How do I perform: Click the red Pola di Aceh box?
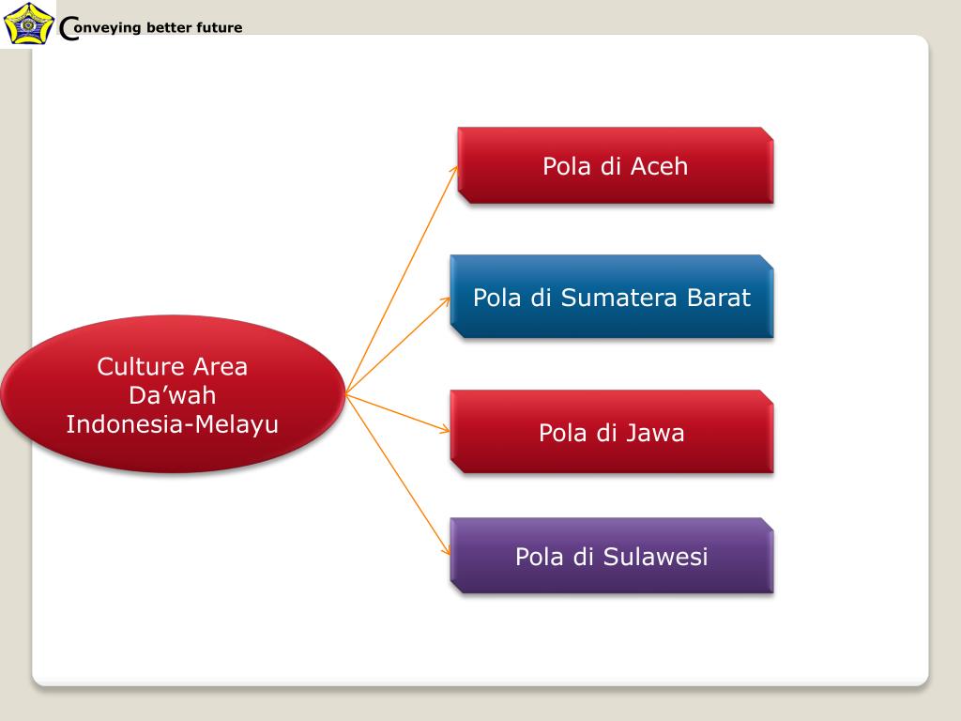pyautogui.click(x=615, y=165)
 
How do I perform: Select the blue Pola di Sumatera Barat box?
pyautogui.click(x=612, y=297)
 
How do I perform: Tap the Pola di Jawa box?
pyautogui.click(x=612, y=432)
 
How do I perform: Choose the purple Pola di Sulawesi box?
pyautogui.click(x=612, y=556)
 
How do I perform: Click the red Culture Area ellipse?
pyautogui.click(x=173, y=394)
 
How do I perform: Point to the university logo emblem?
pyautogui.click(x=27, y=23)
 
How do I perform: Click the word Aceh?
pyautogui.click(x=659, y=166)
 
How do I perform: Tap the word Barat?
pyautogui.click(x=719, y=298)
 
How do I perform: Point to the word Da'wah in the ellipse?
pyautogui.click(x=173, y=395)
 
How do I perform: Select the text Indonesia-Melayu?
pyautogui.click(x=173, y=424)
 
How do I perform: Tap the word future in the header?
pyautogui.click(x=220, y=27)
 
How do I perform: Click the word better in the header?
pyautogui.click(x=169, y=27)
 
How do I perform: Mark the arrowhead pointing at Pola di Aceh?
pyautogui.click(x=454, y=170)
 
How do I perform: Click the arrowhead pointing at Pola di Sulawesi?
pyautogui.click(x=446, y=554)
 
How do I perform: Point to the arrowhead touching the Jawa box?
pyautogui.click(x=445, y=430)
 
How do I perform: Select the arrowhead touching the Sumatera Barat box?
pyautogui.click(x=445, y=301)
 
